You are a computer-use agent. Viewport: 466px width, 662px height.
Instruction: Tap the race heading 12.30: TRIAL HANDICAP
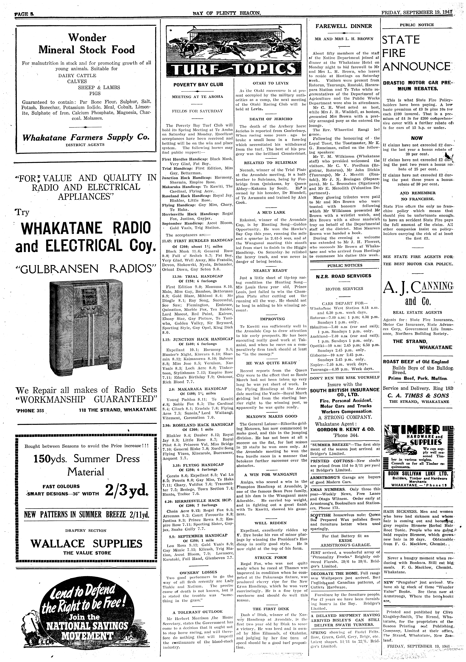pyautogui.click(x=198, y=276)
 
